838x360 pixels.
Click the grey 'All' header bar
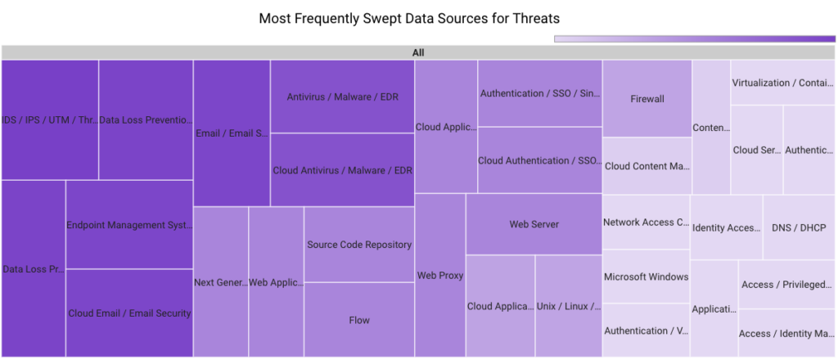pos(418,52)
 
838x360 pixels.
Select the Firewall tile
pos(647,99)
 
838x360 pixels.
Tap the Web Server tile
pos(534,224)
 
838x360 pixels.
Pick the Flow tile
pos(359,320)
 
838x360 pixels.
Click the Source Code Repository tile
pos(359,245)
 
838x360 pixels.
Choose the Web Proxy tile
pos(440,276)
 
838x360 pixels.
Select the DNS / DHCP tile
pos(799,227)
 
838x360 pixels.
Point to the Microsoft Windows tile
pos(646,277)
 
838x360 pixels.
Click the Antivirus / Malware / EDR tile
pos(342,97)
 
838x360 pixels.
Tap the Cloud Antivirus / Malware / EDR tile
pos(342,170)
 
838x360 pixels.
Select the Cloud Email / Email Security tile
pos(129,313)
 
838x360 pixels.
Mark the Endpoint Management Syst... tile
pos(129,225)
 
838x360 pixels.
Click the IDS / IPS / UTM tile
pos(50,119)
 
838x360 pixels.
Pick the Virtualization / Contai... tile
pos(783,83)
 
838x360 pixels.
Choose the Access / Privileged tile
pos(786,285)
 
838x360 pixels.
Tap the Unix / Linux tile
pos(569,307)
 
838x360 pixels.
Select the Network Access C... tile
pos(646,223)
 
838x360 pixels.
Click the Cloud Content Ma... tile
pos(647,166)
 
